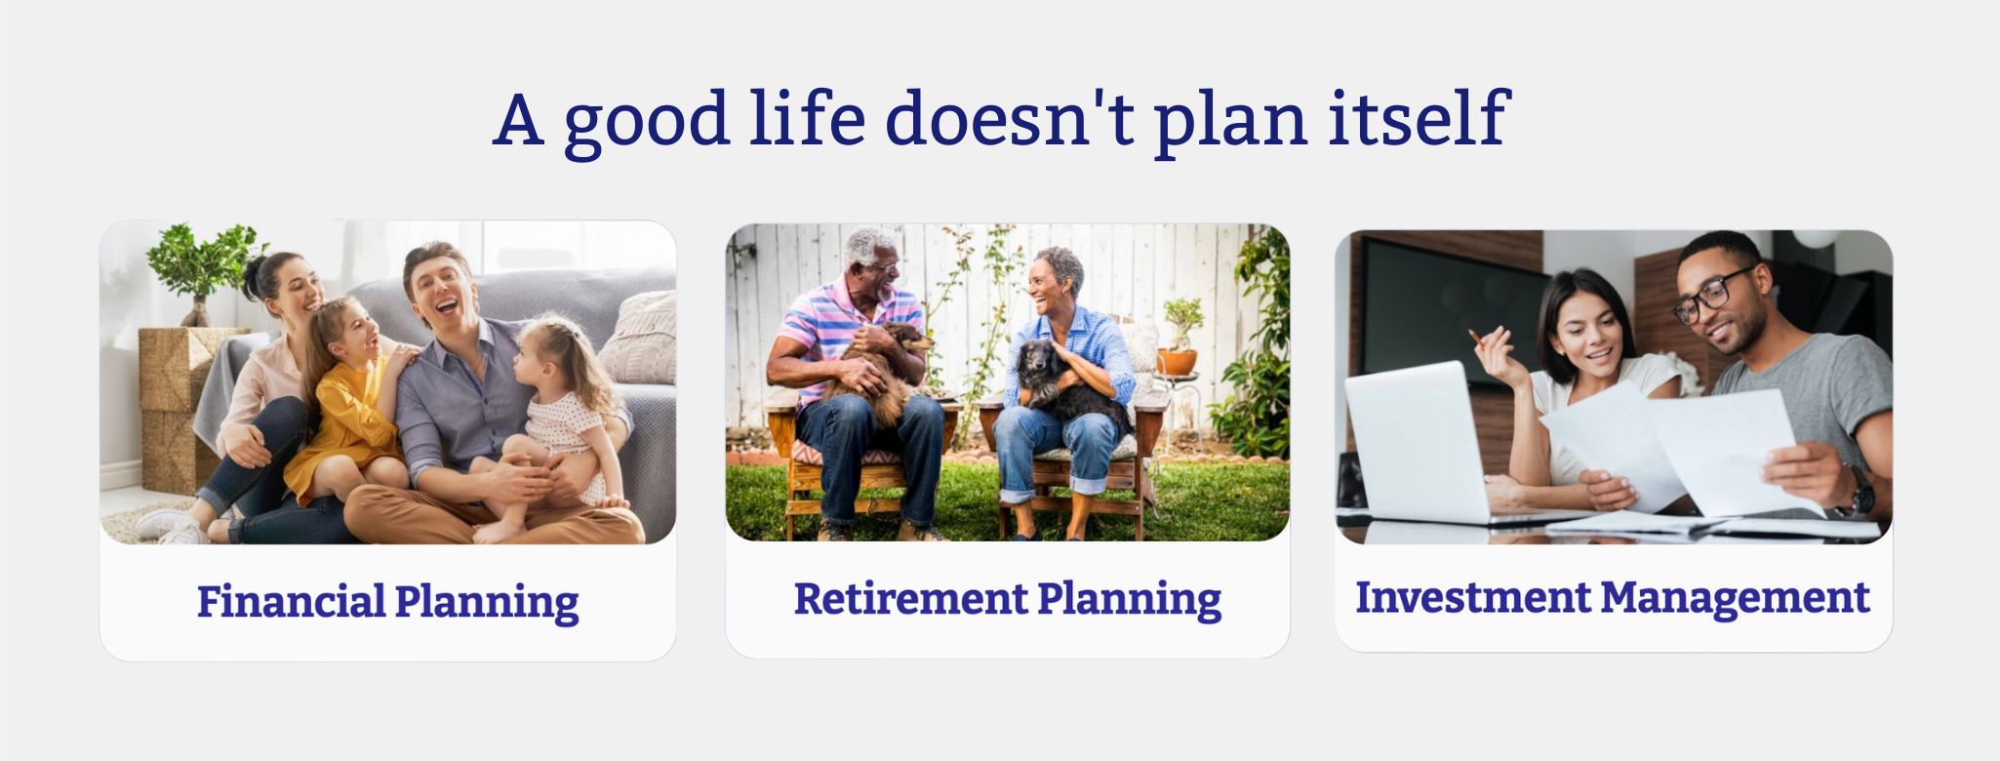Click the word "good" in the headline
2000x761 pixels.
647,121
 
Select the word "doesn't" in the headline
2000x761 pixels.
1010,118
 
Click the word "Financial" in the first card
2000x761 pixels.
292,601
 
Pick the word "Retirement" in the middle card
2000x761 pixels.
911,598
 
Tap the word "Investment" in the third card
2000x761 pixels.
1473,596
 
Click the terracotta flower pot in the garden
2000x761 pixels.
1177,361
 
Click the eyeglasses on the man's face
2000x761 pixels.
1712,295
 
